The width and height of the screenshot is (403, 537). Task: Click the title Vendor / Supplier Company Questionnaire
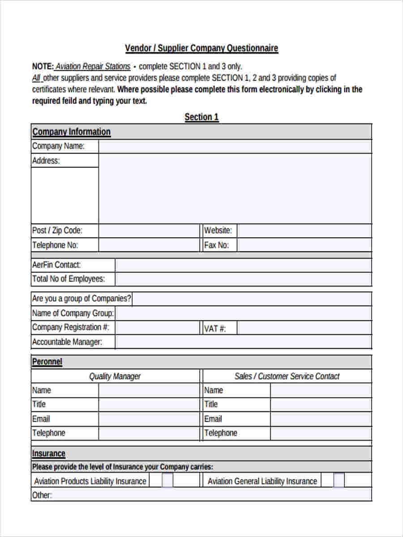201,48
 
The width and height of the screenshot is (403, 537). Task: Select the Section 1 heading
201,117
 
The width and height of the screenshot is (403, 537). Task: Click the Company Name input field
235,146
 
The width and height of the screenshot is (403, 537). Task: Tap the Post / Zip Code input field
149,231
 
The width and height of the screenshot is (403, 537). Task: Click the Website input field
304,231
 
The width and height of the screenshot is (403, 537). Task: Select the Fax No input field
304,245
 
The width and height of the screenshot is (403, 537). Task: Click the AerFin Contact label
56,265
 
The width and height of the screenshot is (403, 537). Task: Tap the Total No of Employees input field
243,279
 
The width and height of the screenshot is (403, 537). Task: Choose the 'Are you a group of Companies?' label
81,298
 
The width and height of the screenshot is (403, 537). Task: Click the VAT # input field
304,328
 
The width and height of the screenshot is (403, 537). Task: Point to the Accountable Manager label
67,342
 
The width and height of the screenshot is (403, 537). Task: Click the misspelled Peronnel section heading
47,362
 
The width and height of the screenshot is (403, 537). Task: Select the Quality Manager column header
115,376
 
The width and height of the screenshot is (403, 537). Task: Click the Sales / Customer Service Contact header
287,376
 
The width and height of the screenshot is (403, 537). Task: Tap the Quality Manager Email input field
149,419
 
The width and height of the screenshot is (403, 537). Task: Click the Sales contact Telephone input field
321,433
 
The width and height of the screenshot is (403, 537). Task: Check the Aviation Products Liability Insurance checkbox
167,481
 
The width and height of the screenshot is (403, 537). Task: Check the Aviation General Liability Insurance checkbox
339,481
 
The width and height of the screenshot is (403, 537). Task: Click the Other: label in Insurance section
42,495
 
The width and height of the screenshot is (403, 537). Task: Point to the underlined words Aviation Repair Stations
93,67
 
